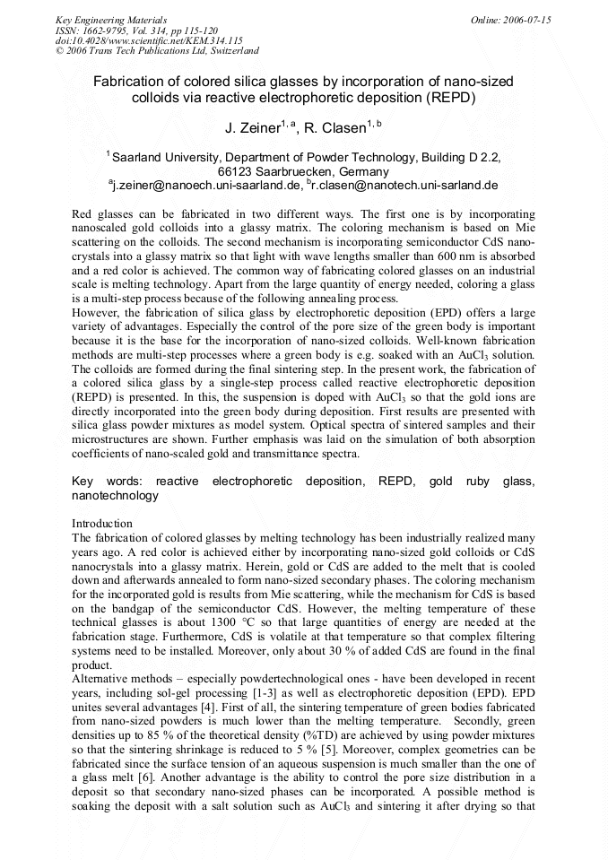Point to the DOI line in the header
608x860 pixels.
[149, 40]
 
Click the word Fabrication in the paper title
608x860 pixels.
[132, 82]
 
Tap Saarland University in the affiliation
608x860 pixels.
[165, 157]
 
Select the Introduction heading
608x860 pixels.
[101, 523]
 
